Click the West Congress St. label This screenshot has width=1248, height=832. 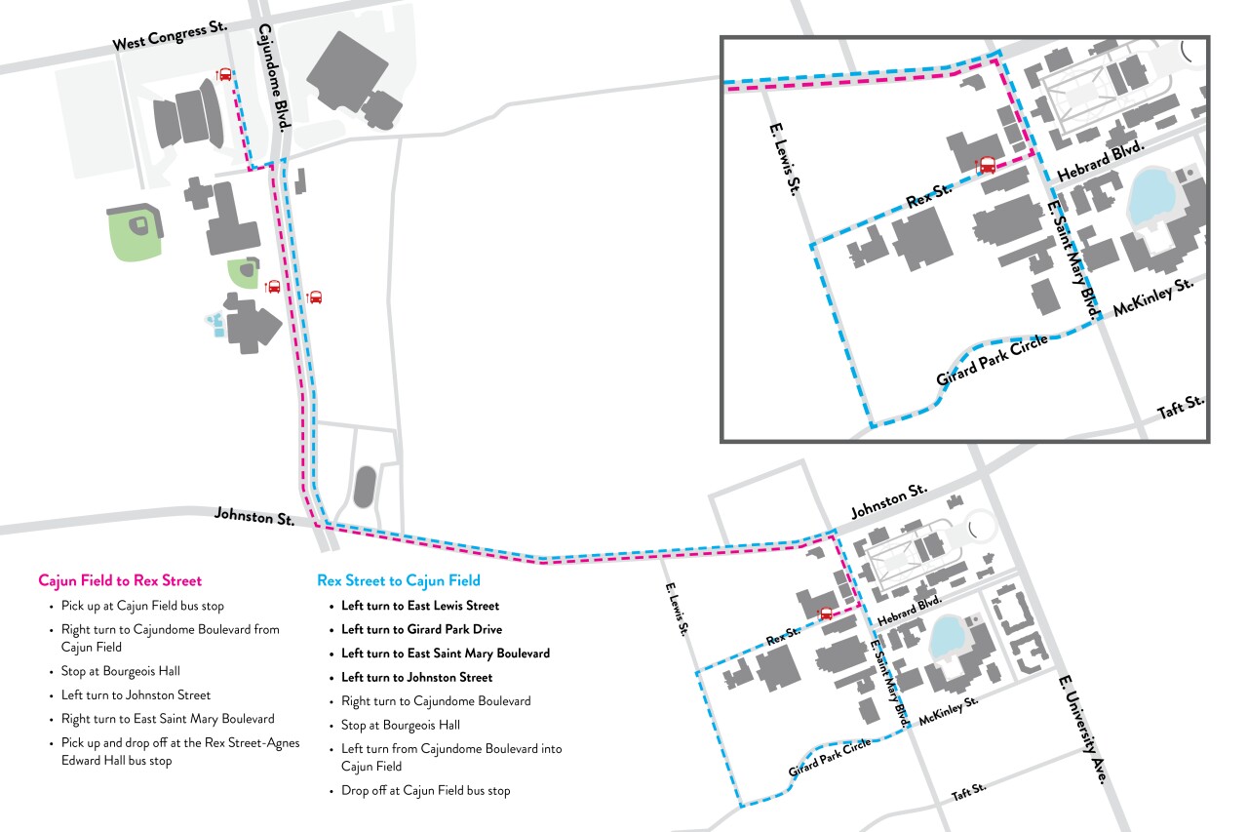point(170,36)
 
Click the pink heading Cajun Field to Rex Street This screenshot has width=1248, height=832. point(120,580)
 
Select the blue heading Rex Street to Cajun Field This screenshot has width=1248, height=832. point(399,580)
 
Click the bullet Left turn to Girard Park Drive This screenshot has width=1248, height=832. point(421,629)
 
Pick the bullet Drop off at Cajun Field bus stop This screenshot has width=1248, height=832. point(425,790)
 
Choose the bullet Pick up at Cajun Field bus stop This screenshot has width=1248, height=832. point(142,606)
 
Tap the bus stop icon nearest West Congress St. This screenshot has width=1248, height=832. point(225,75)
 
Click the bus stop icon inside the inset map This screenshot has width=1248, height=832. point(987,165)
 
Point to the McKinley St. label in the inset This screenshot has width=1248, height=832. point(1153,297)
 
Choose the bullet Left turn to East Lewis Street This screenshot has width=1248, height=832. point(419,606)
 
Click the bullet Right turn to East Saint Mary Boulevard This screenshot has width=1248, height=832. point(168,719)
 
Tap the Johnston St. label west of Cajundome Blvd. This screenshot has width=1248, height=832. point(254,516)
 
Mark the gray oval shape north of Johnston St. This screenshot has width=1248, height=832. point(366,486)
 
